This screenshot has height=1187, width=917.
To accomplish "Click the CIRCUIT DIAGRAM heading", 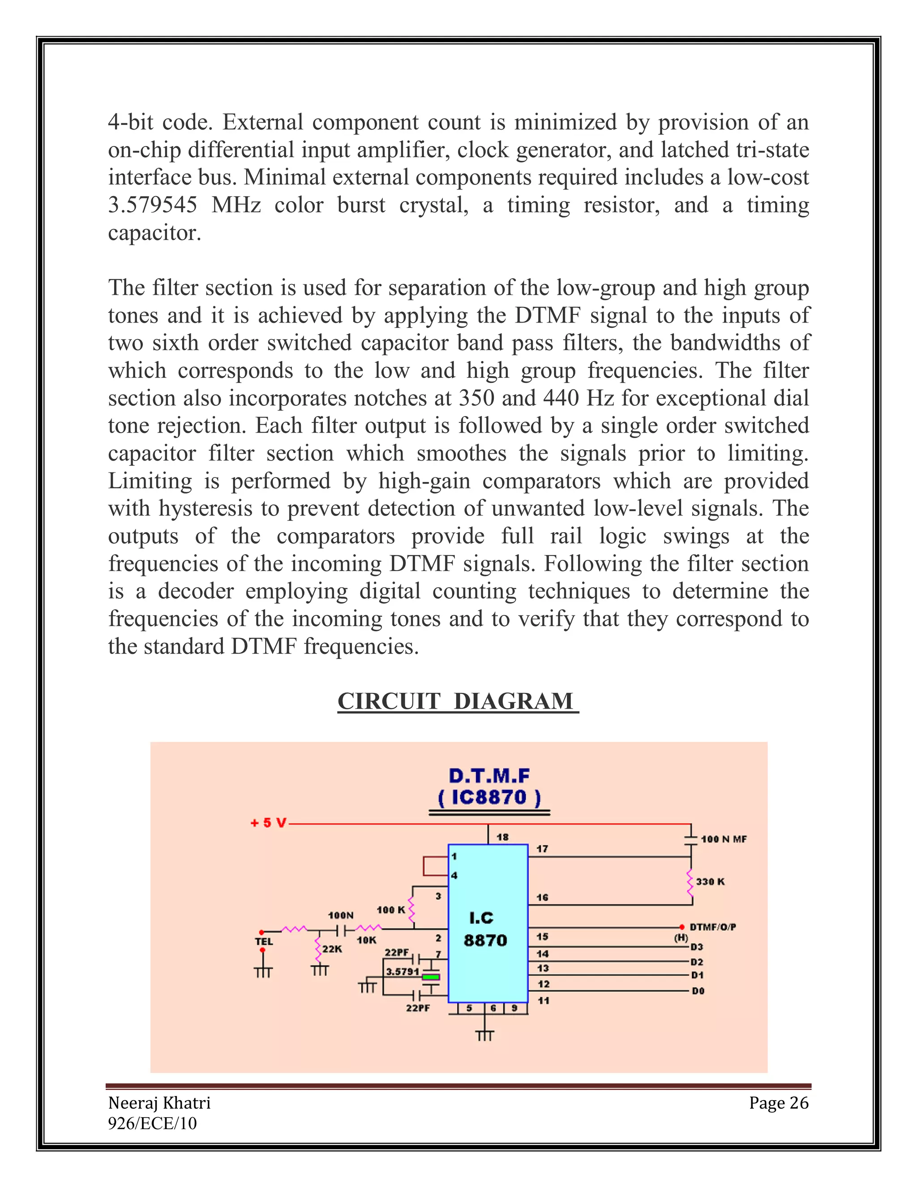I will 458,701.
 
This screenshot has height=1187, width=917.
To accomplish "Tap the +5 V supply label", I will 268,823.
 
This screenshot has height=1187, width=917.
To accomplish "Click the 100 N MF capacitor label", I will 724,839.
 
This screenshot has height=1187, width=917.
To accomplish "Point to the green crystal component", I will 431,976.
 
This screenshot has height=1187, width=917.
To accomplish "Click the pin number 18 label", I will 502,837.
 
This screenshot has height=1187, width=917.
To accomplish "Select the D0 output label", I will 698,991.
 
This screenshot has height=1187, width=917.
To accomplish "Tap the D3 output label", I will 697,947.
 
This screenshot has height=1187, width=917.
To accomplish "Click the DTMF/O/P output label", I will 713,927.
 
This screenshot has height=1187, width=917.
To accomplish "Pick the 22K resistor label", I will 332,949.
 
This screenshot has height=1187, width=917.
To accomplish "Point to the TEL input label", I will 264,942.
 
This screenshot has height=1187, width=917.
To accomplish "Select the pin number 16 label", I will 542,897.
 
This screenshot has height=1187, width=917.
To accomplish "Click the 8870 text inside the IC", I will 485,940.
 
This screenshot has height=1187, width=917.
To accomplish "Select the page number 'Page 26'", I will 779,1103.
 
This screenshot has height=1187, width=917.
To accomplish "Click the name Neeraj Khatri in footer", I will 159,1103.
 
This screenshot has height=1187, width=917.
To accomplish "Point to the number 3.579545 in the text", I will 152,205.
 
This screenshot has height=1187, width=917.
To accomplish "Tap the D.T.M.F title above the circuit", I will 489,775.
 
